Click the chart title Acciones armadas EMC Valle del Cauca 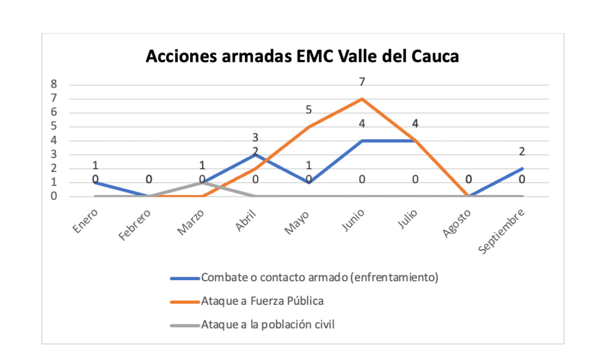point(302,56)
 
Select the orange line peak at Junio point(362,99)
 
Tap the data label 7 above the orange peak point(362,82)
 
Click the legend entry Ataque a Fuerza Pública point(262,301)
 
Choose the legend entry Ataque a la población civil point(267,324)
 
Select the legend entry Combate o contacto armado point(319,278)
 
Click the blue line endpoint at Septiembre point(522,169)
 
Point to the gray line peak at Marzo point(202,183)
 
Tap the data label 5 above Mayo point(309,110)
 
